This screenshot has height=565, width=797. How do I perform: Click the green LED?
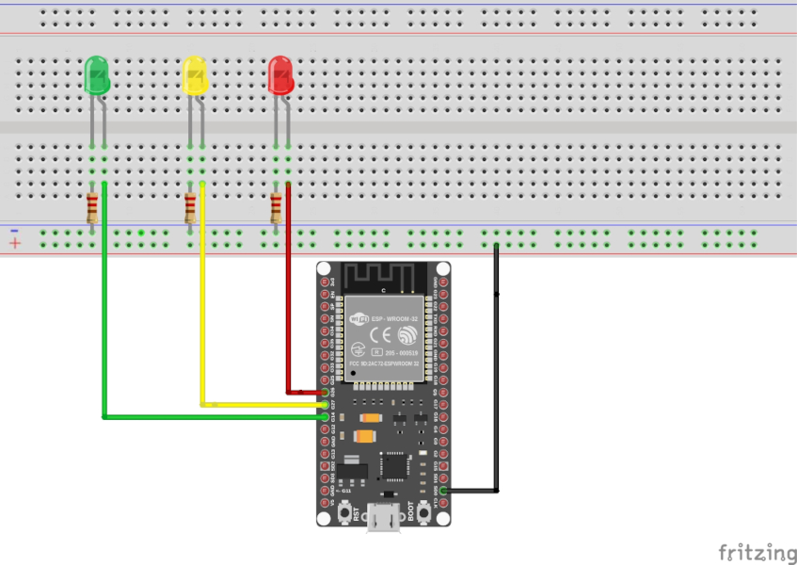[x=97, y=75]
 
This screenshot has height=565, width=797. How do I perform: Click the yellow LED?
[x=195, y=75]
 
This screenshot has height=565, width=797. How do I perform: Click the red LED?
[x=280, y=75]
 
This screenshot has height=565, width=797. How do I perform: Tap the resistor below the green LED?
[x=92, y=207]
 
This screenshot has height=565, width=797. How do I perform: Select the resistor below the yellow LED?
[x=191, y=207]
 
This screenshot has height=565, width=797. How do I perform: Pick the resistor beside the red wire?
[x=277, y=207]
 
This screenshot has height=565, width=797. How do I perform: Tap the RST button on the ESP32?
[x=344, y=514]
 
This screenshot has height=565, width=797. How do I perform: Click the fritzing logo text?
[x=752, y=552]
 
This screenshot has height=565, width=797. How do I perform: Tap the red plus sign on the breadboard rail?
[x=15, y=244]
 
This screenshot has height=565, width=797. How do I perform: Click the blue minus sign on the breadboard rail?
[x=15, y=231]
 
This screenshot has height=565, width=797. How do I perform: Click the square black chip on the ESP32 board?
[x=395, y=464]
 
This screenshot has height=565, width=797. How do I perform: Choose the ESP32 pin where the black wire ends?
[x=443, y=491]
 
